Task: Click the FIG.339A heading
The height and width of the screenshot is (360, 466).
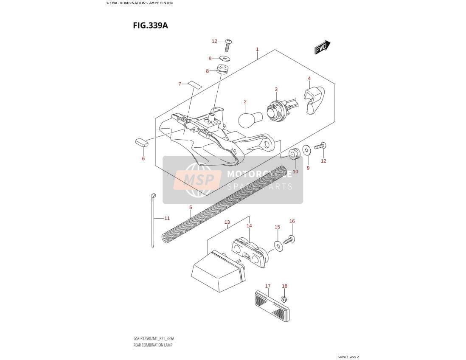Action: pos(150,25)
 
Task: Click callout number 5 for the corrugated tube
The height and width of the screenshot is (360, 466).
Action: pos(191,207)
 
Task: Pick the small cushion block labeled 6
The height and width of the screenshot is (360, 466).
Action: pos(142,142)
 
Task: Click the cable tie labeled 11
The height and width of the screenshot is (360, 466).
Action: pos(153,220)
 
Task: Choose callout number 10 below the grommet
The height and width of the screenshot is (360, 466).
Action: pos(295,172)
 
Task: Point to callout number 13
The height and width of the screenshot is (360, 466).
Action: pos(227,222)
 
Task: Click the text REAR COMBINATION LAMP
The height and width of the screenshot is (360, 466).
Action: pos(153,345)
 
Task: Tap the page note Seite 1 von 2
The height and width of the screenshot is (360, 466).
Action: pos(348,357)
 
